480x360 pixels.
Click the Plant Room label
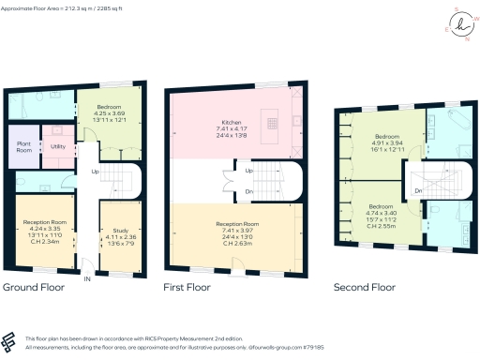(25, 147)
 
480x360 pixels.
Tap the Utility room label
(57, 147)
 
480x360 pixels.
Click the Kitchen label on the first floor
(232, 123)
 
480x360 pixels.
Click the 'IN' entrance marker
(86, 278)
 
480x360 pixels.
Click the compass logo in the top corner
(460, 25)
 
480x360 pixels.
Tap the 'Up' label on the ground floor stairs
(95, 172)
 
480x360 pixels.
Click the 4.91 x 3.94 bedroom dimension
(381, 144)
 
